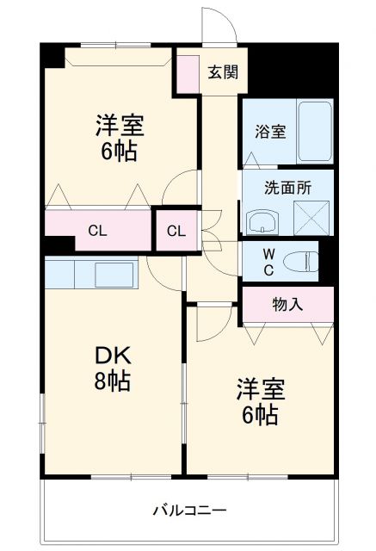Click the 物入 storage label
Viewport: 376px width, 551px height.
(287, 303)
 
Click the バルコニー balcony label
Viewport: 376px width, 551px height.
(190, 511)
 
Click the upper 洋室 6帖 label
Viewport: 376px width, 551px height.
(119, 138)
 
